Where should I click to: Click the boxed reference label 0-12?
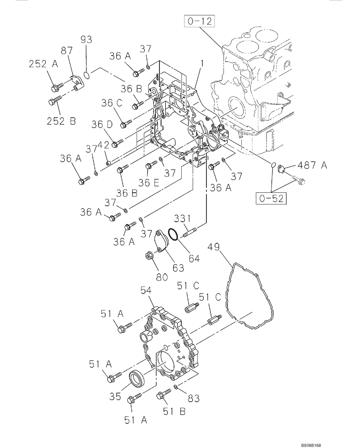[198, 21]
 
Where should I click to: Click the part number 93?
[86, 39]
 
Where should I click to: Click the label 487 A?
[312, 166]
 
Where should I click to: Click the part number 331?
[183, 219]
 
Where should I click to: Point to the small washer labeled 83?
[177, 386]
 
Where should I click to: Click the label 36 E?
[149, 182]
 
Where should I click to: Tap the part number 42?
[104, 145]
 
